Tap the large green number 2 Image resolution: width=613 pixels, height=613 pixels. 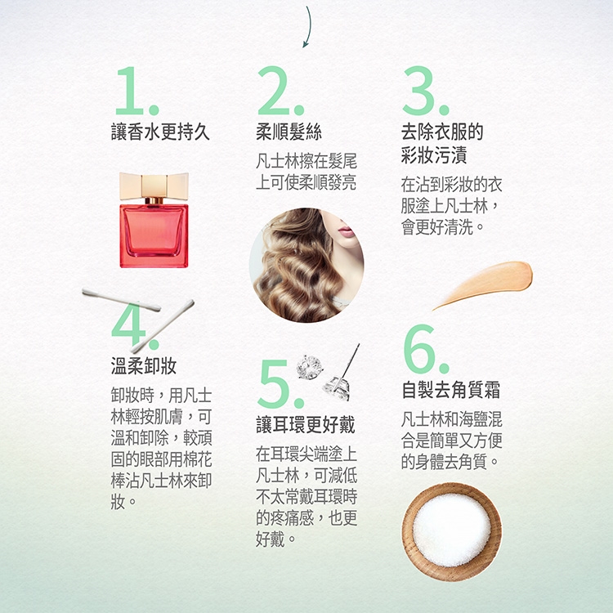click(274, 91)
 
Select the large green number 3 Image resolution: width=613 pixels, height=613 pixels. click(419, 91)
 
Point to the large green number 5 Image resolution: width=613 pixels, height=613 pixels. click(275, 383)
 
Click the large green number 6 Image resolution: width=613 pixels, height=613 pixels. click(419, 349)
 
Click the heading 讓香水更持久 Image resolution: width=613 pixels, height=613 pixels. click(160, 132)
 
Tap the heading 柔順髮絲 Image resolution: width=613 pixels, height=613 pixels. click(289, 132)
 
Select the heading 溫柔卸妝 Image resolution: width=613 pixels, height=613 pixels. click(144, 366)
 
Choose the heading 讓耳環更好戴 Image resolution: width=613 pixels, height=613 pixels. click(306, 424)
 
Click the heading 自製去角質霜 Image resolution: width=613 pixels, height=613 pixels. click(451, 390)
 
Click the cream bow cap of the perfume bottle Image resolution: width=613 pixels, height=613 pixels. click(154, 186)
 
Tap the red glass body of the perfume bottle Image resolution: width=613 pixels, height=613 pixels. click(154, 235)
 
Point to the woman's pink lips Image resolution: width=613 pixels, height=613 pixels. click(346, 232)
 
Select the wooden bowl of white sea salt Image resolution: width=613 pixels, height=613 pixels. click(452, 532)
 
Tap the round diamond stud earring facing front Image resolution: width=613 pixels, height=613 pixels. click(309, 367)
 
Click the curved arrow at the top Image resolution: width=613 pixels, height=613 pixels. click(308, 27)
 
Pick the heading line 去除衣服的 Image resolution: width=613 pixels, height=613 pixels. click(442, 132)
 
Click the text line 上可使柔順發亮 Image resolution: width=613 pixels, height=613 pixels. click(306, 182)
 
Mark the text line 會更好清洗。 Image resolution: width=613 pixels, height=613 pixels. click(443, 227)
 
